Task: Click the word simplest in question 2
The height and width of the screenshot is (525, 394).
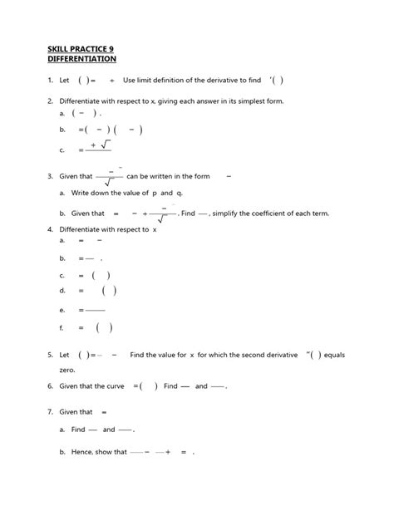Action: pyautogui.click(x=241, y=101)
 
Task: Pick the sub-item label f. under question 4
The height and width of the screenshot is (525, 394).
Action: pyautogui.click(x=62, y=327)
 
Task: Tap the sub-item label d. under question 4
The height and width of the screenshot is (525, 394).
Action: pyautogui.click(x=62, y=291)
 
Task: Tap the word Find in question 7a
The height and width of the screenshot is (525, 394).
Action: pyautogui.click(x=79, y=429)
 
